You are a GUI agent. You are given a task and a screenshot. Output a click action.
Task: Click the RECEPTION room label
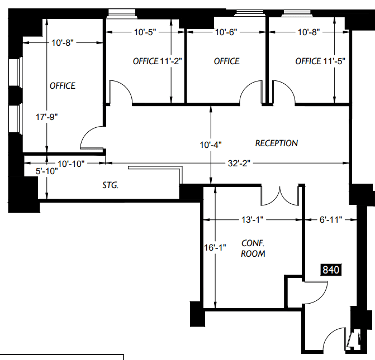277,143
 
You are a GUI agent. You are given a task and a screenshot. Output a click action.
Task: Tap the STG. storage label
111,185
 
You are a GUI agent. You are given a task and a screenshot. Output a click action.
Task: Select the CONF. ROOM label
253,248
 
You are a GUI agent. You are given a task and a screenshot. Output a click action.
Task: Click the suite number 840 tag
331,270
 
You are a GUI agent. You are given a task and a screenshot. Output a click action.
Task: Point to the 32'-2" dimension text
239,164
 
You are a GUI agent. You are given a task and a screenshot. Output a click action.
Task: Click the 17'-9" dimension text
46,117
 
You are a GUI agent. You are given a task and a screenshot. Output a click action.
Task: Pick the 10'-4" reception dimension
211,145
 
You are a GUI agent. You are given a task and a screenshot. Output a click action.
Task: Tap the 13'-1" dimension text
253,219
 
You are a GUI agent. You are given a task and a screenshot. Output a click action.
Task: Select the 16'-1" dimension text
215,248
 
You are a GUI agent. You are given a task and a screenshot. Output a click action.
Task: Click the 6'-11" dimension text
331,219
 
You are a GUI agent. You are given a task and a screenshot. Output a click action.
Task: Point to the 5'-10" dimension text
46,171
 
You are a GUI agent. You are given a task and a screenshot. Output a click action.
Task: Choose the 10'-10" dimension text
71,164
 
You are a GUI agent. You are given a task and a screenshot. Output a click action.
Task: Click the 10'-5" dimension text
145,32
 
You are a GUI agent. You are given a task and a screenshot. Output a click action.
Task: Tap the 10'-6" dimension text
226,32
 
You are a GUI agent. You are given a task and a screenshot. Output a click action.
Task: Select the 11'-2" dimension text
171,61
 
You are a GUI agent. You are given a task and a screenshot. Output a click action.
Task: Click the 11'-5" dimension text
334,61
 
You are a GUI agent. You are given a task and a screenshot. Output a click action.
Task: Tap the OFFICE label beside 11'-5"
308,61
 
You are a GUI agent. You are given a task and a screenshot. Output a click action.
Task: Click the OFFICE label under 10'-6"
226,61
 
